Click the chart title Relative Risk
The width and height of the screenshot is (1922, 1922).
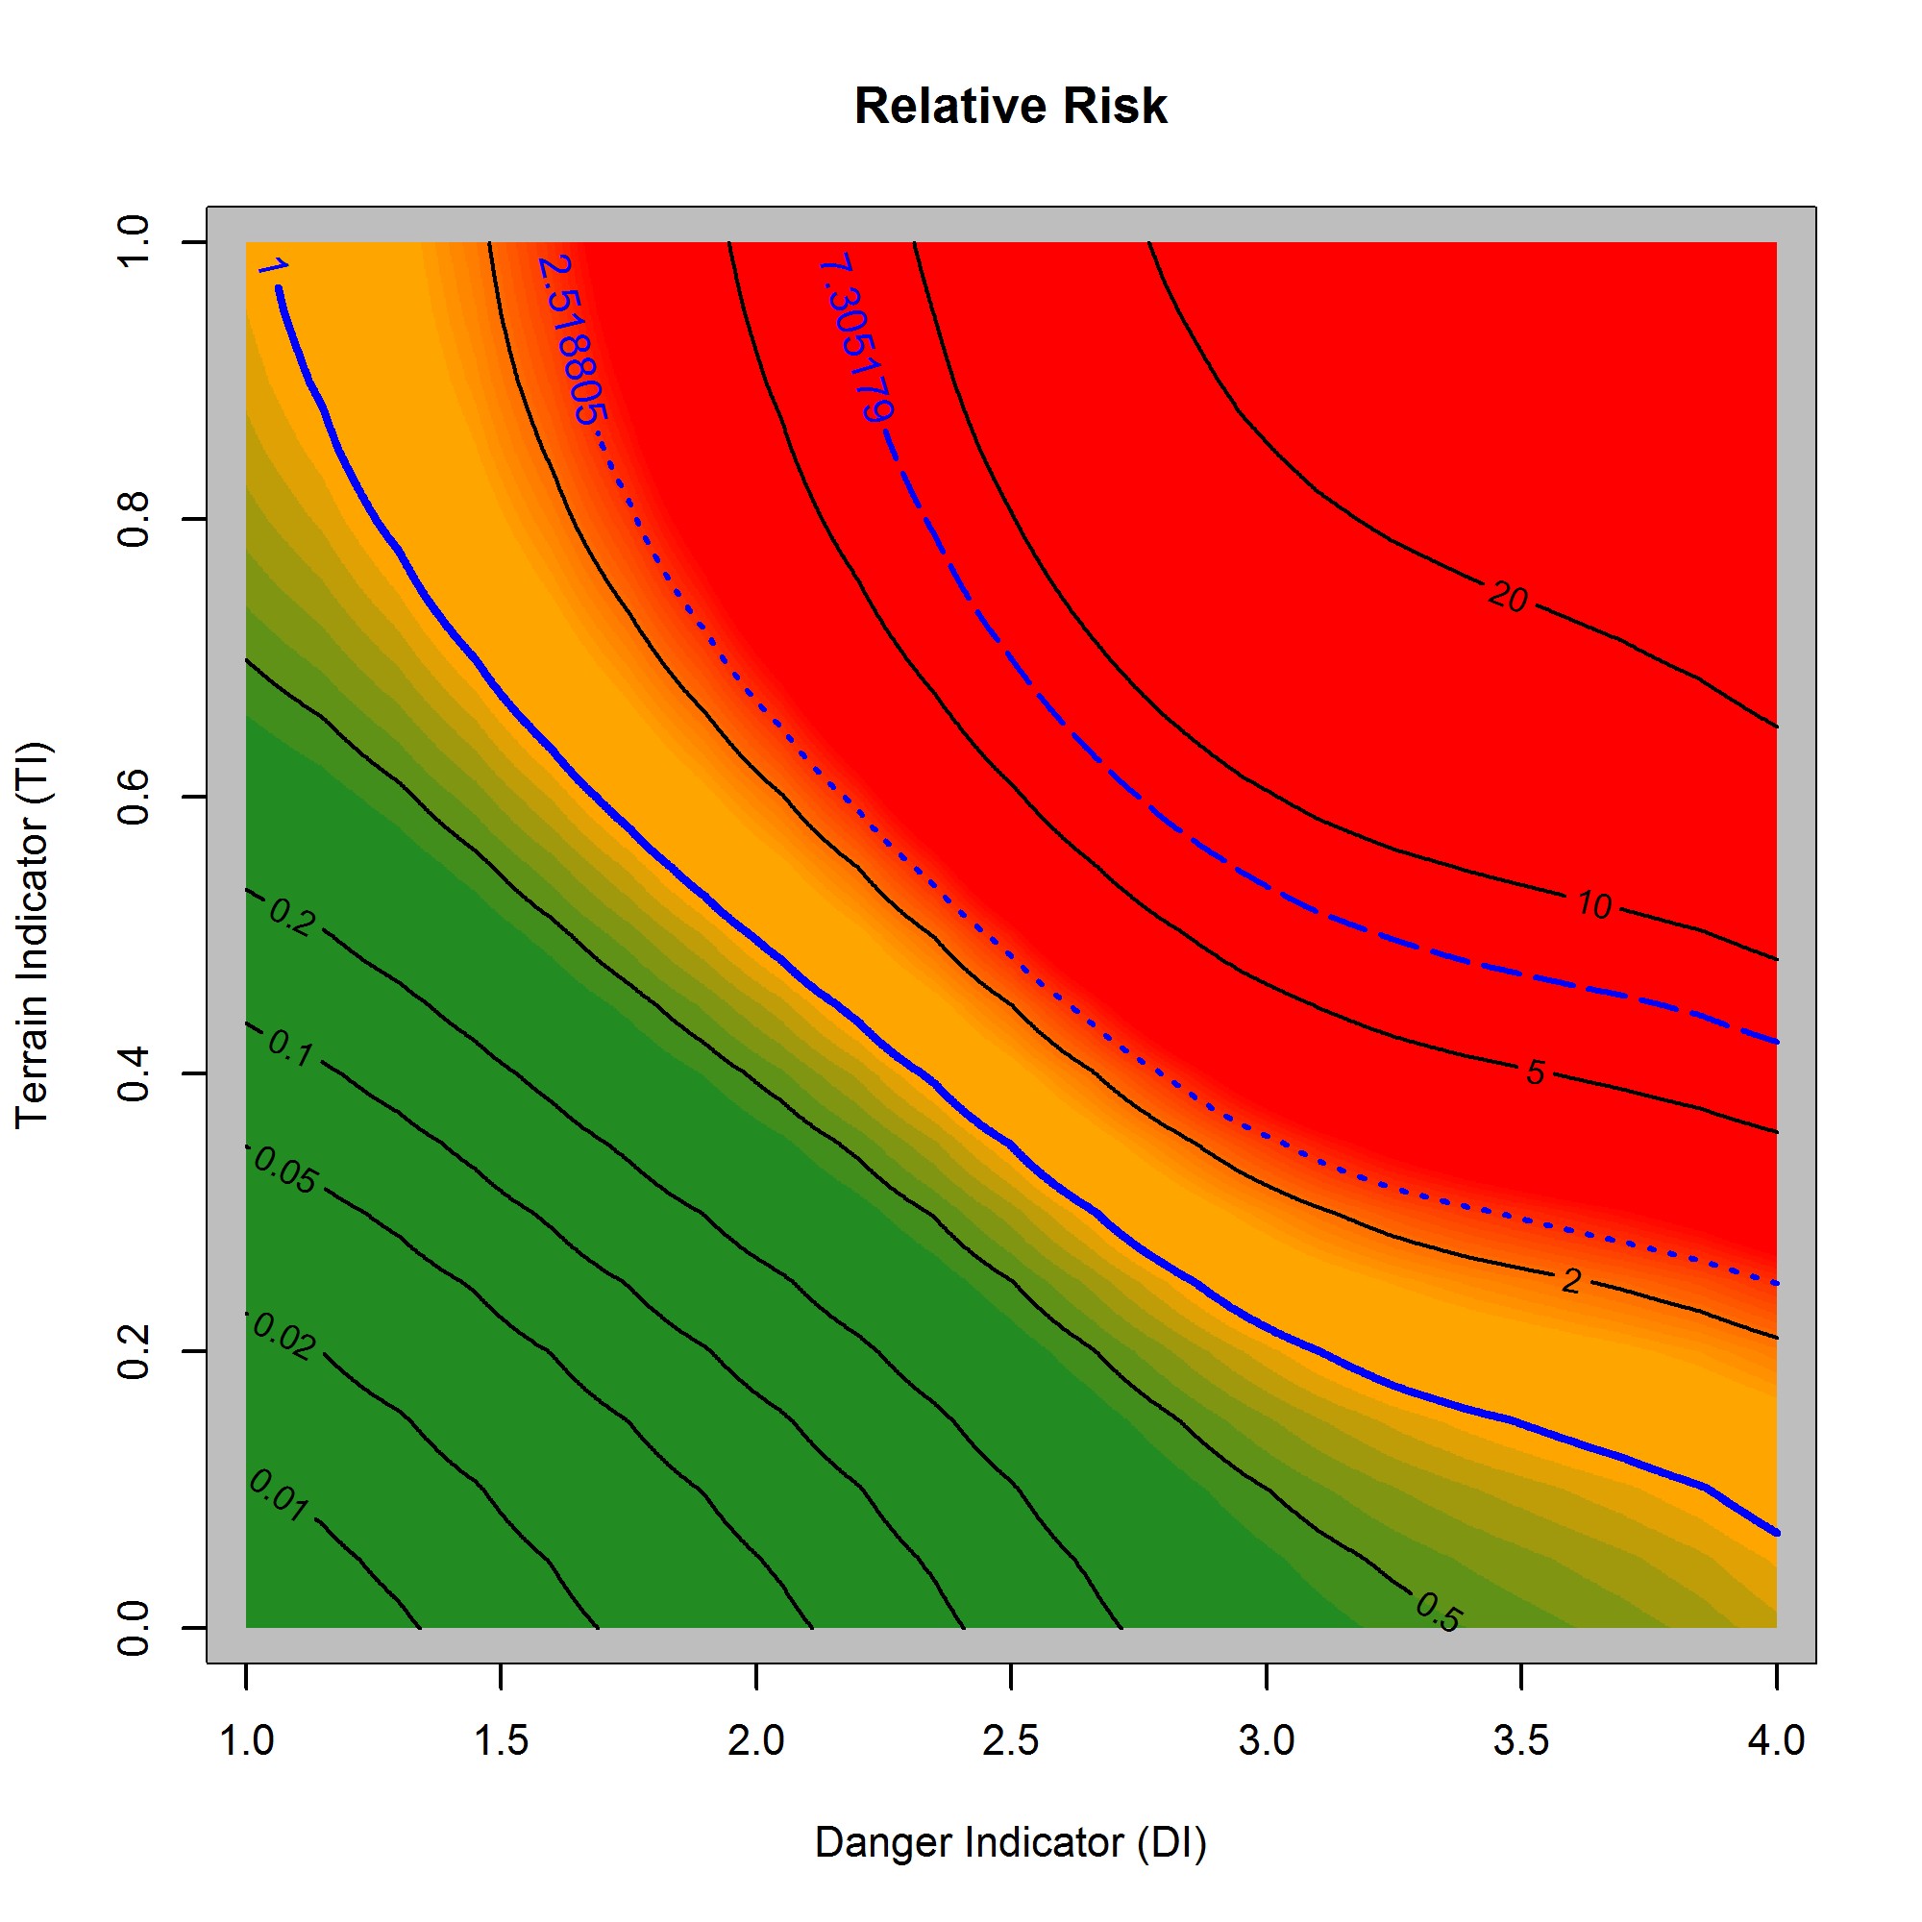[x=1010, y=107]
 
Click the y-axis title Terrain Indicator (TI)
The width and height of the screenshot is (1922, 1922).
[x=33, y=934]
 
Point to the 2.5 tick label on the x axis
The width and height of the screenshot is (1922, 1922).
[x=1010, y=1741]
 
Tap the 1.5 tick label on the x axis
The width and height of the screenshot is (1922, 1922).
[x=501, y=1741]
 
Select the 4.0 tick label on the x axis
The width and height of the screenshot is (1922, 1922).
[x=1776, y=1741]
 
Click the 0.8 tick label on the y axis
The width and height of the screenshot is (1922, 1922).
[x=134, y=518]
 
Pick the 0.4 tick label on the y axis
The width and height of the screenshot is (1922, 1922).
[x=134, y=1073]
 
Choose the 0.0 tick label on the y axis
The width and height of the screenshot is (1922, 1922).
[x=134, y=1629]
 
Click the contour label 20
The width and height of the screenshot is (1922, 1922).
[x=1507, y=597]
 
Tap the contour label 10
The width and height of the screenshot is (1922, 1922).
[x=1592, y=905]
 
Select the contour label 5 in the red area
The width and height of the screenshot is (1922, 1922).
[x=1535, y=1072]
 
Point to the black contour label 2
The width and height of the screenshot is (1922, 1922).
[x=1570, y=1280]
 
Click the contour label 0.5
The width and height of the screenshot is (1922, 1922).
[x=1438, y=1613]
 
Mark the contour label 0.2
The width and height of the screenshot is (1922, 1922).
[x=292, y=918]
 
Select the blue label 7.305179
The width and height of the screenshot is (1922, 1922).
[x=856, y=339]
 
